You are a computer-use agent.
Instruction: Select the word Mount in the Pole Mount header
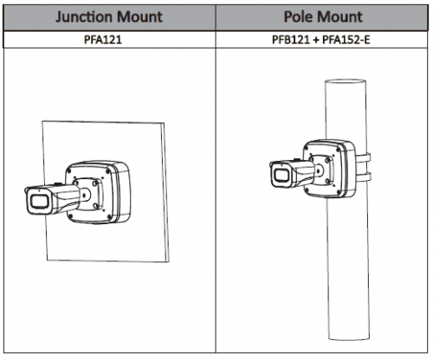339,16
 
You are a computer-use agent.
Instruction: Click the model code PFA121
103,40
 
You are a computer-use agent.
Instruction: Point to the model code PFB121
291,40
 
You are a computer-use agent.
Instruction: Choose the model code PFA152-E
346,40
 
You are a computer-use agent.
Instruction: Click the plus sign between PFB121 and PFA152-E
316,40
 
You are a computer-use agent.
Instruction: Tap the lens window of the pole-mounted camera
281,176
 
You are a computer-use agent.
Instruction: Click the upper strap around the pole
364,158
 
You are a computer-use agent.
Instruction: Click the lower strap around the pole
364,177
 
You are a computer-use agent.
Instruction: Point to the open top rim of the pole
346,82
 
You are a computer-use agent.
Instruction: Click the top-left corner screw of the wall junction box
69,170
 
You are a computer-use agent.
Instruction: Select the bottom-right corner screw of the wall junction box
109,217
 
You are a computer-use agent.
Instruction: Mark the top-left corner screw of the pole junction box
307,147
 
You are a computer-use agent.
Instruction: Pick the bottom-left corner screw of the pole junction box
307,190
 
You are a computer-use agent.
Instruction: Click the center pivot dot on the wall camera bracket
84,196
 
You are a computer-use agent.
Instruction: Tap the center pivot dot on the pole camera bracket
319,170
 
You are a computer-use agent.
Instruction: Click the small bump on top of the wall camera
56,183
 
